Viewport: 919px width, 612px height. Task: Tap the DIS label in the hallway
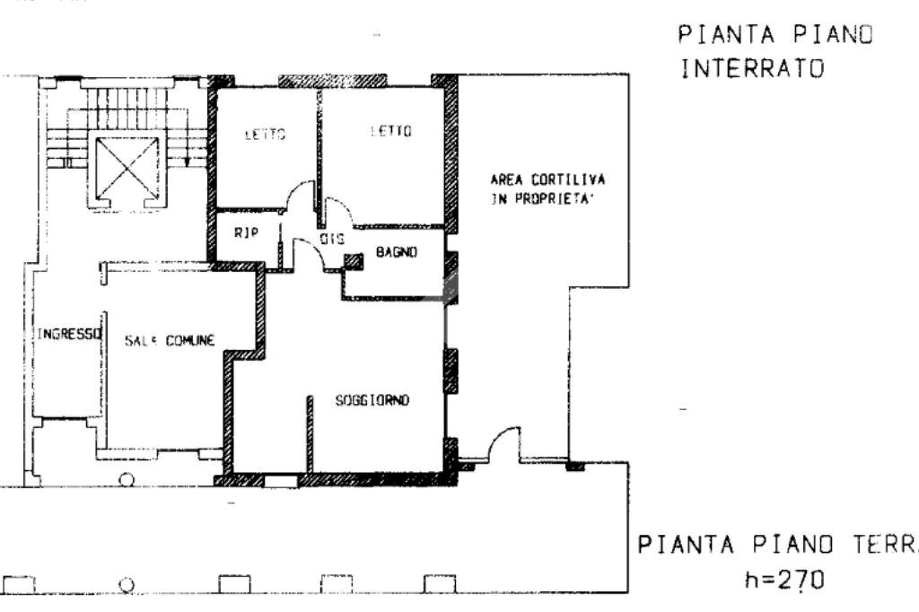tap(332, 240)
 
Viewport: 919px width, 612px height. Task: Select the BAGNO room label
tap(397, 253)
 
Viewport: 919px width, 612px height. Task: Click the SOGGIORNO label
tap(372, 401)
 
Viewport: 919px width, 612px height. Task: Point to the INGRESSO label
tap(68, 334)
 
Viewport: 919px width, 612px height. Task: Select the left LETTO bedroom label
tap(265, 136)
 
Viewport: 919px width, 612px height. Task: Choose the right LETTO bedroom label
tap(390, 132)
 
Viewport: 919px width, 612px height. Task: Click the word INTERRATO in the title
tap(752, 69)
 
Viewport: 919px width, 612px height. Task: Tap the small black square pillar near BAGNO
tap(354, 261)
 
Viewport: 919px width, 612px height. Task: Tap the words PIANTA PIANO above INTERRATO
tap(775, 35)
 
